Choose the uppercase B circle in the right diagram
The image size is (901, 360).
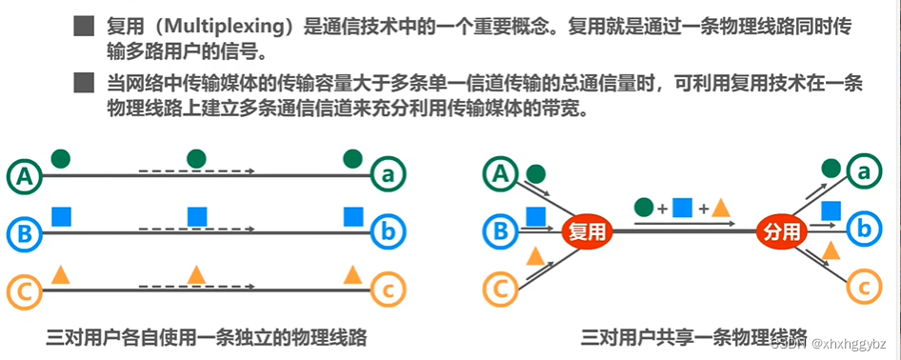click(x=500, y=230)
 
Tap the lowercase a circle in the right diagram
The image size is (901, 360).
click(x=864, y=173)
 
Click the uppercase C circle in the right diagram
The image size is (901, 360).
click(x=500, y=286)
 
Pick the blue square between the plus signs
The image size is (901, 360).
click(x=681, y=207)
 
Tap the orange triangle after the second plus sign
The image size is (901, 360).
click(x=721, y=207)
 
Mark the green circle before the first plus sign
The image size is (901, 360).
click(x=643, y=207)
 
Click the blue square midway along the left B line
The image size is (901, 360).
click(x=196, y=216)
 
